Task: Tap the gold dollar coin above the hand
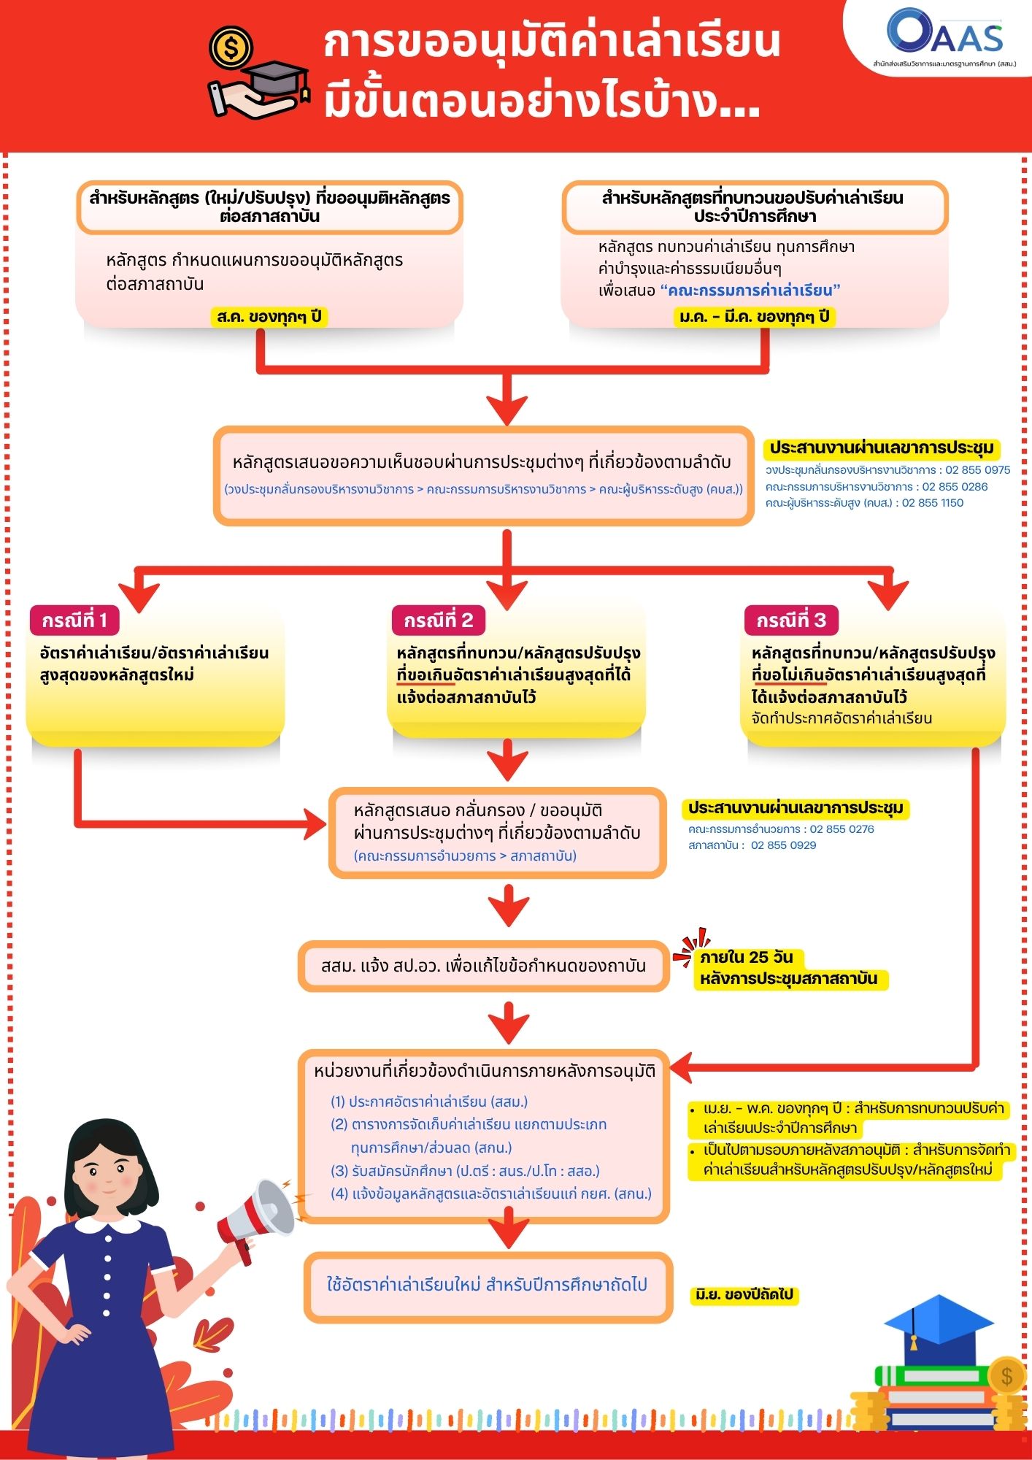tap(231, 49)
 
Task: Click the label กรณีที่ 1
tap(74, 620)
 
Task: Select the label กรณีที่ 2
tap(439, 620)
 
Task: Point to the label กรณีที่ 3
tap(791, 620)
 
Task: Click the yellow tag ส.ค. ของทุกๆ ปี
tap(269, 317)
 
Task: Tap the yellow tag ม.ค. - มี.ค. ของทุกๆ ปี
tap(754, 317)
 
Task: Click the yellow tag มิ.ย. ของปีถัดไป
tap(744, 1295)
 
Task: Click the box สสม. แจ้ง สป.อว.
tap(483, 967)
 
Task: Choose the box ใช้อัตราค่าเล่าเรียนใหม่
tap(488, 1285)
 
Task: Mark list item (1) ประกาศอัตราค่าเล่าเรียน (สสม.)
tap(429, 1102)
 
